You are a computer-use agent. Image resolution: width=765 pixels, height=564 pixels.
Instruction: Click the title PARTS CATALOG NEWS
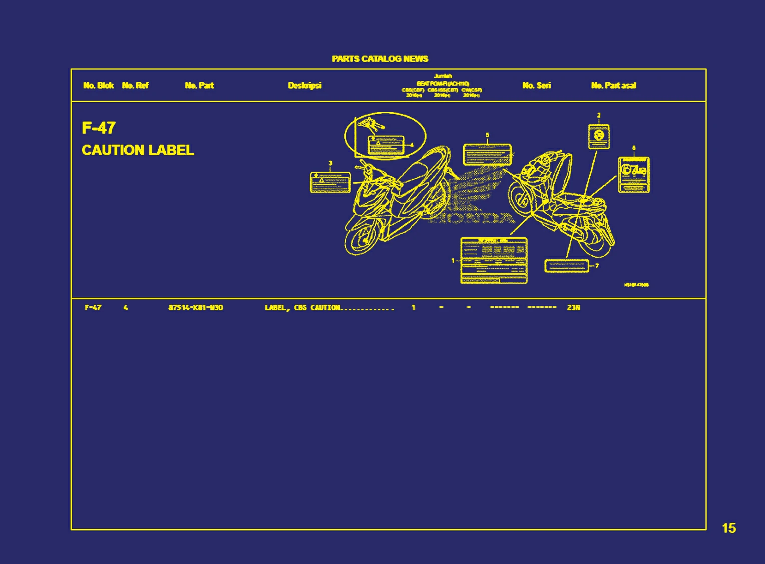click(x=379, y=59)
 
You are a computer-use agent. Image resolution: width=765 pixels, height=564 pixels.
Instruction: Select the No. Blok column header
click(x=98, y=86)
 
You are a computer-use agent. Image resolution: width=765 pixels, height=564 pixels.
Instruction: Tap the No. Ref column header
click(x=135, y=86)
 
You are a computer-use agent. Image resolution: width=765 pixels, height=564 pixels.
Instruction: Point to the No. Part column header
click(x=199, y=86)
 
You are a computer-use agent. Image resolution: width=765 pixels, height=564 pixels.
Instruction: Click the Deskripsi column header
click(x=304, y=86)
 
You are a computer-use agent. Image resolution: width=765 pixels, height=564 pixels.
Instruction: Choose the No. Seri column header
click(x=536, y=86)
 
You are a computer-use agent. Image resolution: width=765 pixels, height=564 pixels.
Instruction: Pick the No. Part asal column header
click(x=613, y=86)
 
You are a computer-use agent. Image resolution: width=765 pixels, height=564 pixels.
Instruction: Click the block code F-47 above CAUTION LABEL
click(x=99, y=128)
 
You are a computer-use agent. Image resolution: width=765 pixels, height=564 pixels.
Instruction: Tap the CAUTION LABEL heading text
click(x=138, y=150)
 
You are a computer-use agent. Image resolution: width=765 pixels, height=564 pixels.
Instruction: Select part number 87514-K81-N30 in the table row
click(x=196, y=308)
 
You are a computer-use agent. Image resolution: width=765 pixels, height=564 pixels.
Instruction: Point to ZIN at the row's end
click(x=573, y=308)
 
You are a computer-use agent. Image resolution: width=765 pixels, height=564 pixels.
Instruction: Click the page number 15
click(x=729, y=528)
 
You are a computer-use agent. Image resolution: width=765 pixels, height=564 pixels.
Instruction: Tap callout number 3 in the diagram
click(x=330, y=163)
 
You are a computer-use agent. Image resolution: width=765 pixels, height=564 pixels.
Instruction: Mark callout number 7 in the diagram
click(x=597, y=266)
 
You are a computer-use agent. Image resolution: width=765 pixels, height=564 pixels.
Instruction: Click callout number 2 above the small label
click(x=599, y=116)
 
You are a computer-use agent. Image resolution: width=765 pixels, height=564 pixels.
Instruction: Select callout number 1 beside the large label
click(x=453, y=260)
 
